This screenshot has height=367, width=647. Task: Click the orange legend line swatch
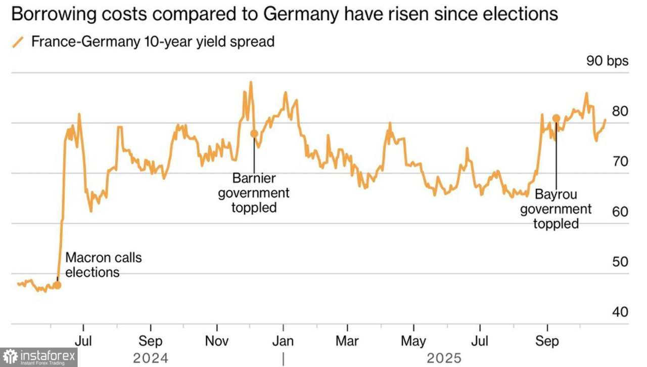click(x=18, y=42)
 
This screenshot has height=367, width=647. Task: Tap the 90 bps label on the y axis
click(x=607, y=61)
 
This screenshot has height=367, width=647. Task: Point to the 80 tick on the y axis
click(x=620, y=111)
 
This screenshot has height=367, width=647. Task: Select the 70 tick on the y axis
click(x=620, y=161)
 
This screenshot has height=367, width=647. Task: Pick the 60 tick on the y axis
click(x=620, y=212)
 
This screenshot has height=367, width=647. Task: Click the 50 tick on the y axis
click(x=620, y=262)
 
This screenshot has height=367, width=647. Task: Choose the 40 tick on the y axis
click(x=620, y=312)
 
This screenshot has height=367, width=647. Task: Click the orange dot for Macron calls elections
click(x=57, y=285)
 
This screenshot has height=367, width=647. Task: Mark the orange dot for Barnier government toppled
click(x=254, y=134)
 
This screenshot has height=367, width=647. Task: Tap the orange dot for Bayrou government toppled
click(x=556, y=118)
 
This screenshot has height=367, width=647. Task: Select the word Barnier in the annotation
click(x=254, y=178)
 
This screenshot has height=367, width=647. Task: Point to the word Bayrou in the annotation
click(x=556, y=194)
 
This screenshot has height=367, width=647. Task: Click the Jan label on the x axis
click(x=283, y=341)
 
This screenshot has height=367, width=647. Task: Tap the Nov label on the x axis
click(x=217, y=341)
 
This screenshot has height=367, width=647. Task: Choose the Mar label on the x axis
click(x=348, y=341)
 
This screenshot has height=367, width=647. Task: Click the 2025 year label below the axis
click(x=444, y=358)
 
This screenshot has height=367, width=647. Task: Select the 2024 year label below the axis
click(x=151, y=358)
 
